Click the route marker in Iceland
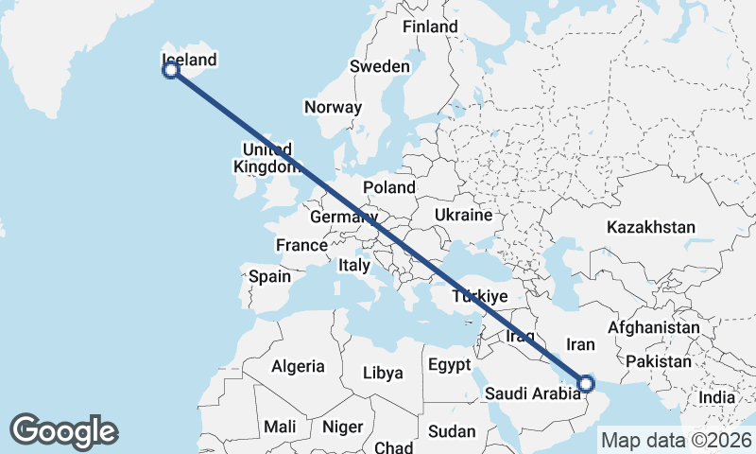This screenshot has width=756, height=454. (171, 69)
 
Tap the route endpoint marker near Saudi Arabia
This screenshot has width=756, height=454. (586, 384)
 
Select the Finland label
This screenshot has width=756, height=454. (430, 26)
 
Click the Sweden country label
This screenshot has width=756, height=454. (380, 67)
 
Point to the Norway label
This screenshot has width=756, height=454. (334, 107)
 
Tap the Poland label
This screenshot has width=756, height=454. (388, 187)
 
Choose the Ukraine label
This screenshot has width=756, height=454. (463, 215)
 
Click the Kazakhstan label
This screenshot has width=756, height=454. (651, 227)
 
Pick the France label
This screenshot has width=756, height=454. (301, 245)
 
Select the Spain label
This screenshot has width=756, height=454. (269, 277)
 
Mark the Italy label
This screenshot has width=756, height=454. (354, 267)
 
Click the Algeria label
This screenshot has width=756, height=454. (299, 366)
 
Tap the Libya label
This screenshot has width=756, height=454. (384, 373)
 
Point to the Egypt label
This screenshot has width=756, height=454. (449, 364)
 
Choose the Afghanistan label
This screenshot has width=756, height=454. (654, 327)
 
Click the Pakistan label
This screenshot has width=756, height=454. (659, 361)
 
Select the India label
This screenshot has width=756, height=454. (716, 397)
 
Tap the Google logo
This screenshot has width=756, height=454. (63, 431)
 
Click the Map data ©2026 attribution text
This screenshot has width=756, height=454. (676, 440)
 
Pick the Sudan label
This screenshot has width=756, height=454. (452, 431)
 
